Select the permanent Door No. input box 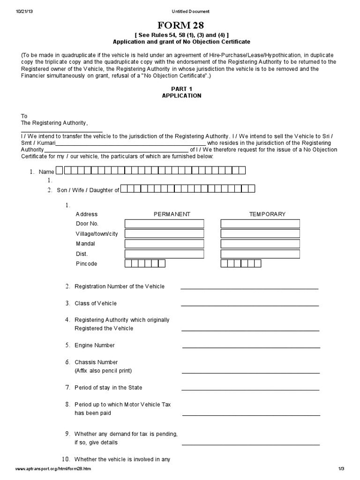click(165, 224)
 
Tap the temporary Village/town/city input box click(260, 233)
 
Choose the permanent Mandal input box click(165, 244)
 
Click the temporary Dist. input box click(260, 254)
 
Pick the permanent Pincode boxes click(145, 264)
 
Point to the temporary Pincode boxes click(240, 264)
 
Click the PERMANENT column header click(172, 214)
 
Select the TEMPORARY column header click(267, 214)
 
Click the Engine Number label click(94, 345)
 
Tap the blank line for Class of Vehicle click(250, 305)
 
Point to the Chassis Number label click(96, 362)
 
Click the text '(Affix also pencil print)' click(103, 371)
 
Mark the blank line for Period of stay click(250, 389)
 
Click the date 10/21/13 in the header click(23, 11)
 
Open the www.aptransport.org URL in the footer click(53, 469)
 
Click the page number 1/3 click(341, 469)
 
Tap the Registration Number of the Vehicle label click(120, 286)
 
